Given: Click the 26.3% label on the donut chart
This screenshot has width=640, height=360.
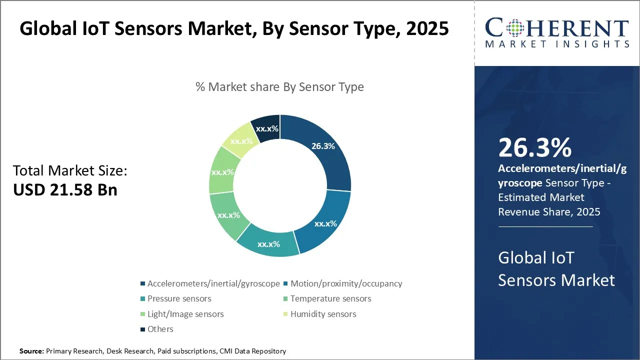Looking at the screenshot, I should (x=322, y=146).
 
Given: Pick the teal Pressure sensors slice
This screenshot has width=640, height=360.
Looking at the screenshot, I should (x=268, y=244).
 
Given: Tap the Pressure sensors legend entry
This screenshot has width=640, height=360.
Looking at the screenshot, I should (x=179, y=298).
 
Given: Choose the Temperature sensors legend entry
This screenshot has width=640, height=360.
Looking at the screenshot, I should (x=330, y=298).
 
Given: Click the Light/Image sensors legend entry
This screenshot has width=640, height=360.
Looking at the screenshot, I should (x=185, y=314).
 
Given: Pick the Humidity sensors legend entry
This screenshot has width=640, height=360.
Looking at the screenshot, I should (x=323, y=314).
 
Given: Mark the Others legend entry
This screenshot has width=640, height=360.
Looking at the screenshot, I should (x=160, y=329).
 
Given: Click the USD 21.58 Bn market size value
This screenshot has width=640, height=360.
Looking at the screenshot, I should (x=65, y=190).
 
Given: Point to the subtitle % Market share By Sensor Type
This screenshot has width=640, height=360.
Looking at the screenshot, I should (x=279, y=87).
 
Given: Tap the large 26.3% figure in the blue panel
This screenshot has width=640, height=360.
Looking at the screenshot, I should (x=534, y=148).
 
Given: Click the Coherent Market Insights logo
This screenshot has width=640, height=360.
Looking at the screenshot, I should (x=556, y=32).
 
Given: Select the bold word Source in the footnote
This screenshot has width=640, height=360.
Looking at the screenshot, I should (x=31, y=351).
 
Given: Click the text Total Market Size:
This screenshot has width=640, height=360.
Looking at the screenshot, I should (x=70, y=171).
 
